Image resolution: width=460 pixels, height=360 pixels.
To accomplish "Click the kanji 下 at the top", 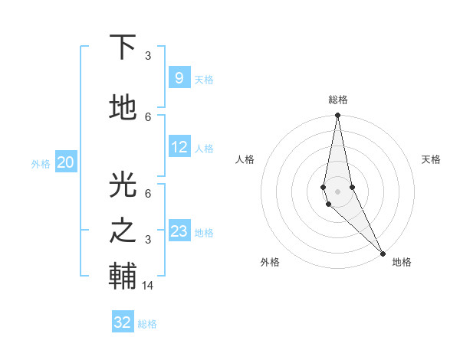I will [x=123, y=47].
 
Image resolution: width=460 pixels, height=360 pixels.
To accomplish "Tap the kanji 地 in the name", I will [x=123, y=108].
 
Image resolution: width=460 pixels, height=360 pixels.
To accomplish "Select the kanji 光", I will [x=123, y=184].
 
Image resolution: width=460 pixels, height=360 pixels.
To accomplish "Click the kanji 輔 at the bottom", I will [x=123, y=276].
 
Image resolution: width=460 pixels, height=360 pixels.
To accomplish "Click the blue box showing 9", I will [x=179, y=78].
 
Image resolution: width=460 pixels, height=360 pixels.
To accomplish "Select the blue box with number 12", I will [x=179, y=147].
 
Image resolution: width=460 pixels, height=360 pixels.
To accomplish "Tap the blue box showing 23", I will [x=179, y=231].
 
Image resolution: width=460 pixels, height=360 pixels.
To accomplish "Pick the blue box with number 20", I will [x=66, y=162].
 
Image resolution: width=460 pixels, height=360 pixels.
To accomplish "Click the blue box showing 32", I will [x=123, y=322].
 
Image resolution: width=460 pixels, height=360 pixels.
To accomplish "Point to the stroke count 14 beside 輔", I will [x=149, y=286].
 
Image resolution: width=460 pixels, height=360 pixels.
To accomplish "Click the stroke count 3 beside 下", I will [x=148, y=56].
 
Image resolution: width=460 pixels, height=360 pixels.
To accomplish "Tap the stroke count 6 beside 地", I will [x=148, y=116].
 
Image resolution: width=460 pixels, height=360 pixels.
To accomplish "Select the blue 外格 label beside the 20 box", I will [x=41, y=163].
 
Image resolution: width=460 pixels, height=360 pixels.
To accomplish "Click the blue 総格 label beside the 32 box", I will [x=147, y=324].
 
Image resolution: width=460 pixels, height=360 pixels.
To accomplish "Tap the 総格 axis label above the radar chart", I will [x=338, y=100].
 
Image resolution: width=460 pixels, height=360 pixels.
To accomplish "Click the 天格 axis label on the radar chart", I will [x=431, y=159].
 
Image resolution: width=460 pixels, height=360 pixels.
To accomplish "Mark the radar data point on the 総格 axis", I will [x=338, y=116].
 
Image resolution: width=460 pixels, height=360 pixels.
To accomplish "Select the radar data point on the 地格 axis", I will [x=383, y=253].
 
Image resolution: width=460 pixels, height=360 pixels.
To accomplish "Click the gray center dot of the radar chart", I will [x=338, y=191].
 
